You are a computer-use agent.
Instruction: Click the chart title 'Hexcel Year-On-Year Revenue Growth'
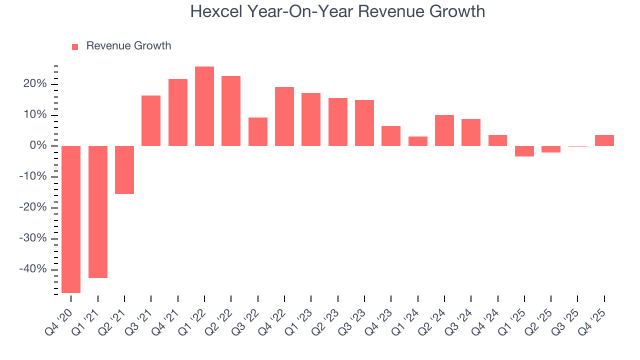[337, 11]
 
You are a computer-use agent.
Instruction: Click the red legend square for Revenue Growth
[75, 46]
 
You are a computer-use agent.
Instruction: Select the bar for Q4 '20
[71, 219]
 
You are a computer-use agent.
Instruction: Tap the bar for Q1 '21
[98, 211]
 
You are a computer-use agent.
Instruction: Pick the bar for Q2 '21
[124, 169]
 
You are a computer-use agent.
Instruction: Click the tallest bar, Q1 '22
[204, 106]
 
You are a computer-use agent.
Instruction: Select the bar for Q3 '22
[258, 131]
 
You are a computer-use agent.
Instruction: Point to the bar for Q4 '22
[284, 116]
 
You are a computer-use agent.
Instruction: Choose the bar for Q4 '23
[391, 136]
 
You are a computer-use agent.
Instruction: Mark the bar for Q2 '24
[444, 130]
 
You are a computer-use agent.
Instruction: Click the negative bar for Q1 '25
[524, 151]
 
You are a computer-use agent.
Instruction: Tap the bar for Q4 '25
[604, 140]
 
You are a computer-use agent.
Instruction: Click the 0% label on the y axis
[38, 146]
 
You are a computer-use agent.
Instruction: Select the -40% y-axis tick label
[33, 269]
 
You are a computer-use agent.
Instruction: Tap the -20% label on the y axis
[33, 207]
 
